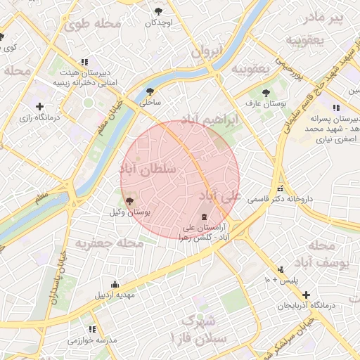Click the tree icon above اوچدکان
click(159, 11)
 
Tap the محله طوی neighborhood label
click(93, 24)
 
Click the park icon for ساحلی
click(150, 91)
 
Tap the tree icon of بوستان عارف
click(266, 93)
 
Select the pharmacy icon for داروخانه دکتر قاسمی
click(281, 188)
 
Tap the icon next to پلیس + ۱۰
click(281, 269)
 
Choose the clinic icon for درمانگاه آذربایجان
click(304, 294)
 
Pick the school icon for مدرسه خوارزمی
click(92, 329)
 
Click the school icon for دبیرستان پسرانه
click(335, 108)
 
